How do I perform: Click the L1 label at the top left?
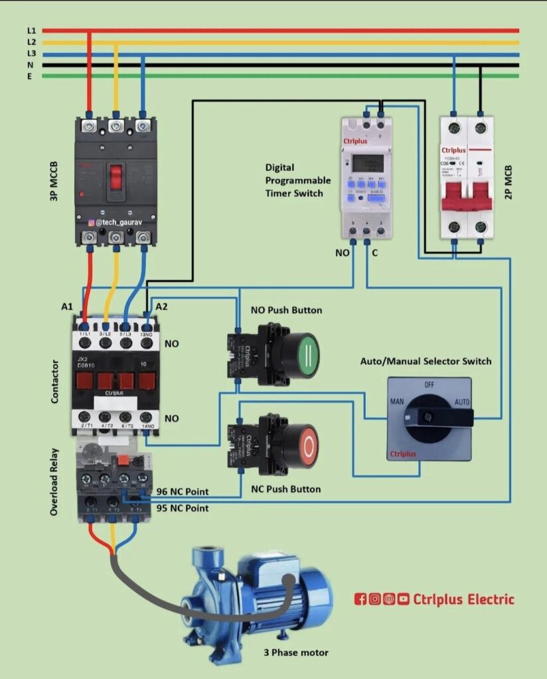pos(31,31)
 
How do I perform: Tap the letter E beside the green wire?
pos(29,76)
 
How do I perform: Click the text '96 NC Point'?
pos(182,491)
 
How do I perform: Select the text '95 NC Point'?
pos(182,508)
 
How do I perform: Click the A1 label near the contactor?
pos(66,306)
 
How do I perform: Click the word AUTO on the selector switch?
pos(462,402)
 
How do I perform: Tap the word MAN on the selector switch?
pos(396,402)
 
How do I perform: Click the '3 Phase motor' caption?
pos(295,652)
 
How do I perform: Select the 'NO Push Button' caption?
pos(286,310)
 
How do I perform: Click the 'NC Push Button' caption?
pos(285,489)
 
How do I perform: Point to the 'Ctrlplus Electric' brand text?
pos(463,599)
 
